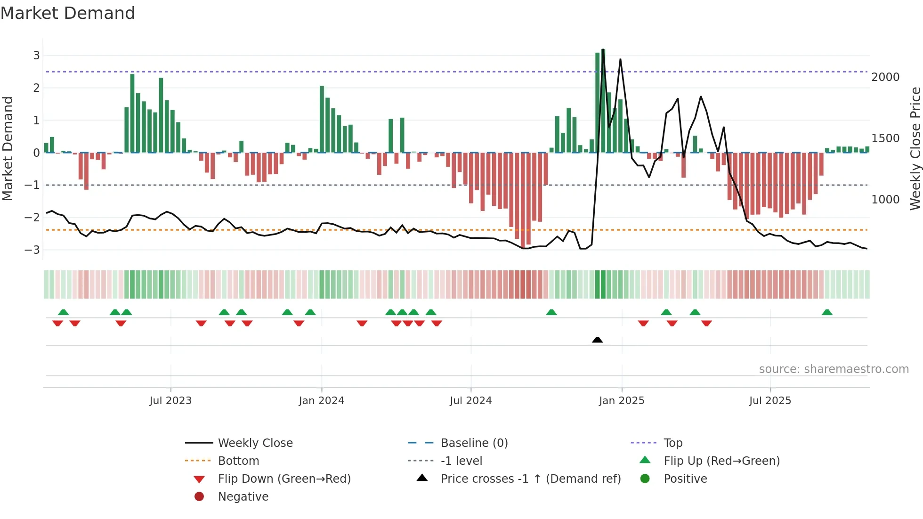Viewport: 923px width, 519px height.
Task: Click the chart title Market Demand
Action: pyautogui.click(x=68, y=13)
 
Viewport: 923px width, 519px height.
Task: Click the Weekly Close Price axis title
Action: pyautogui.click(x=915, y=148)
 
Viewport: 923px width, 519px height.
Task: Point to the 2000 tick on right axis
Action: pyautogui.click(x=885, y=77)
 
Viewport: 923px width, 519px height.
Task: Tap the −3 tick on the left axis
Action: pyautogui.click(x=32, y=250)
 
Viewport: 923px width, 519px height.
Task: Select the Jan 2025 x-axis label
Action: pyautogui.click(x=621, y=401)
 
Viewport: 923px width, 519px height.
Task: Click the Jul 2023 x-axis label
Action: pyautogui.click(x=170, y=401)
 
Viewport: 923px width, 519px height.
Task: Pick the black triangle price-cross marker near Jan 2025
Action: pyautogui.click(x=597, y=340)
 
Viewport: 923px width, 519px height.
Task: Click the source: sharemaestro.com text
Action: pyautogui.click(x=834, y=369)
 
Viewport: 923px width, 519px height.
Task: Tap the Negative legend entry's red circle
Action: pyautogui.click(x=199, y=497)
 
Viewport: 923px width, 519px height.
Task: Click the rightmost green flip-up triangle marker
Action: pyautogui.click(x=827, y=312)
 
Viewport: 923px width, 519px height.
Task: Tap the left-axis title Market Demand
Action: pyautogui.click(x=8, y=148)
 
